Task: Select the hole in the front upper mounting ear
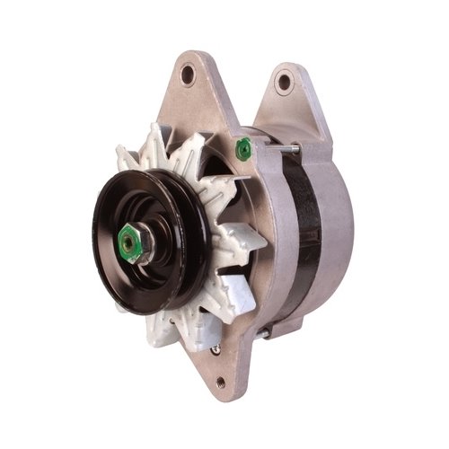coord(188,75)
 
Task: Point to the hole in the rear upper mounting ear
coord(285,83)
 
